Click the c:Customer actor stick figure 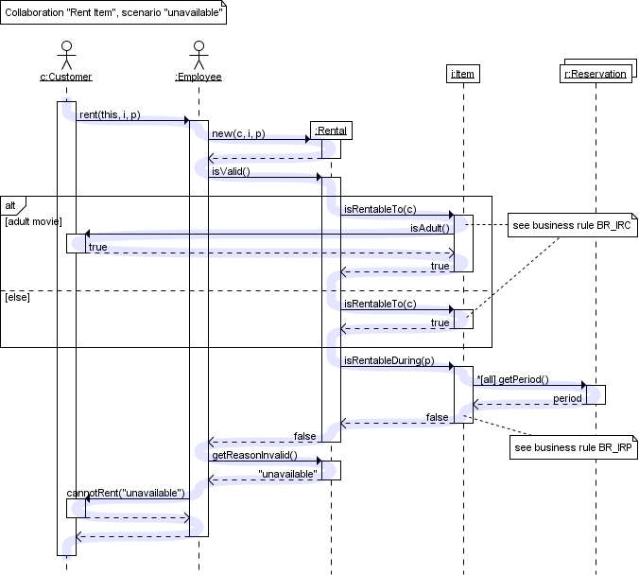click(x=66, y=52)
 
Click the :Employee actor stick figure click(x=199, y=52)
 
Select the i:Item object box click(x=462, y=74)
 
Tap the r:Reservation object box click(x=596, y=74)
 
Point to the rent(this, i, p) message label click(x=110, y=114)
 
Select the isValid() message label click(x=232, y=171)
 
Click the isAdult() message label click(x=429, y=228)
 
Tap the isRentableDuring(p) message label click(x=389, y=360)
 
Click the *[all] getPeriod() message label click(x=512, y=379)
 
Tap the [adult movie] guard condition click(x=33, y=221)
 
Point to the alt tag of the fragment click(x=12, y=203)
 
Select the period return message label click(x=567, y=398)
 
